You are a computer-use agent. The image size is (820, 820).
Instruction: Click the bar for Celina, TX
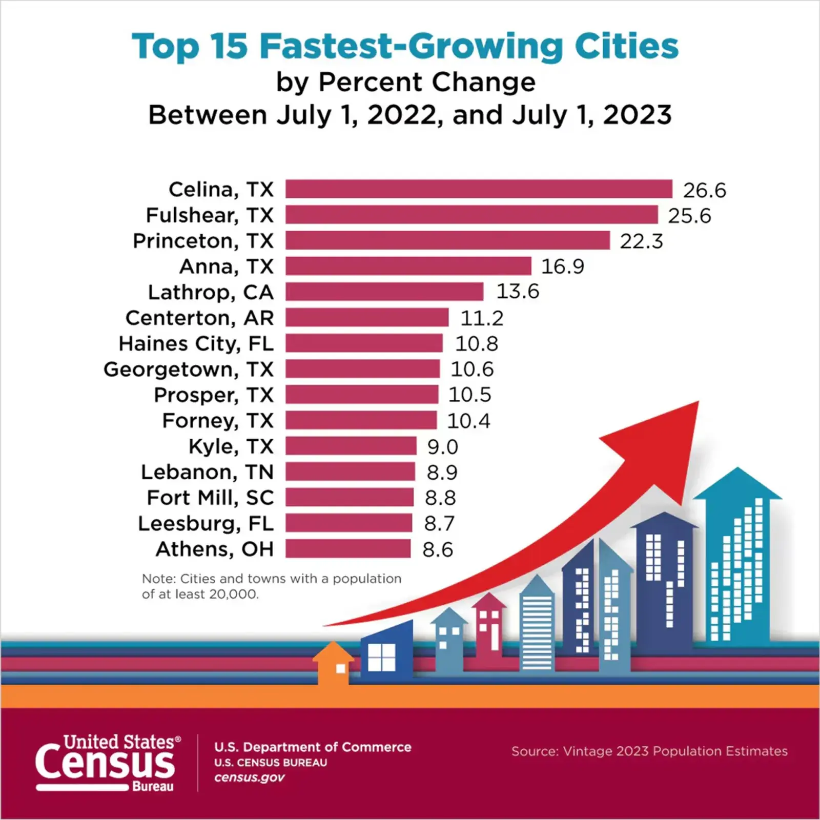tap(479, 189)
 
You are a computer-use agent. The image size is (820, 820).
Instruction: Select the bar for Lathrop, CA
tap(384, 292)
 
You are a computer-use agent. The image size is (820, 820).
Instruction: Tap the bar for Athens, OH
tap(348, 549)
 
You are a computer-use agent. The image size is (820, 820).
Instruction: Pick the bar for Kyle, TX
tap(351, 446)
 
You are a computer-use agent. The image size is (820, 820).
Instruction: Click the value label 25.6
tap(689, 216)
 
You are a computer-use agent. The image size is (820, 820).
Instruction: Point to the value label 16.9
tap(563, 266)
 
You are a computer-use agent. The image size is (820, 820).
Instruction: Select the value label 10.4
tap(468, 421)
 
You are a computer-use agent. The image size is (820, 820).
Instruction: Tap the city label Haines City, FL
tap(196, 343)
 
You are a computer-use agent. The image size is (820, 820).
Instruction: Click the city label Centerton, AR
tap(200, 318)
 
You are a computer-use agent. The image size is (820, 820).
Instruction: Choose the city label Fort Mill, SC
tap(210, 498)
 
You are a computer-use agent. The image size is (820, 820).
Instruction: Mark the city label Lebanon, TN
tap(208, 472)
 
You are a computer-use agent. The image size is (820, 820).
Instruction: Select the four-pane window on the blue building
tap(382, 657)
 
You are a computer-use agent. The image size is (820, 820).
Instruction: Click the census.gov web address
tap(250, 777)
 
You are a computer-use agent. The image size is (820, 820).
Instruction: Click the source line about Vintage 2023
tap(649, 751)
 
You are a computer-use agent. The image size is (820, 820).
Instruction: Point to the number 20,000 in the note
tap(236, 594)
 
